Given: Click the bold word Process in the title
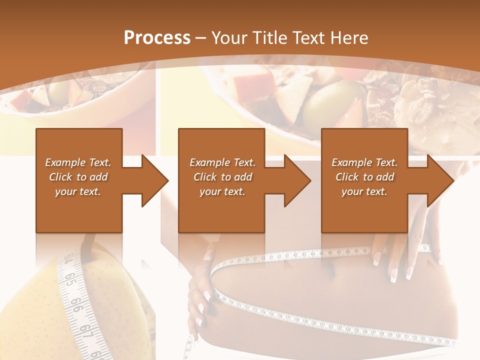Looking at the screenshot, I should tap(157, 38).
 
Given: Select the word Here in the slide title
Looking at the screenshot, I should tap(349, 38).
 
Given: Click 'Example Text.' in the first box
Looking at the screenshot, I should tap(78, 162).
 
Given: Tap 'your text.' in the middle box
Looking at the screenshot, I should tap(222, 191).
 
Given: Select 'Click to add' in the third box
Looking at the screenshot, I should tap(364, 177).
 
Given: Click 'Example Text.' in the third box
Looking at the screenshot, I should tap(364, 162).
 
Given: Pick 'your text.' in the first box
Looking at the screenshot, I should tap(78, 191).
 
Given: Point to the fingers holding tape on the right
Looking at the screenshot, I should tap(400, 250).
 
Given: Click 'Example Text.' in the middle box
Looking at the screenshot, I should tap(222, 162).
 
